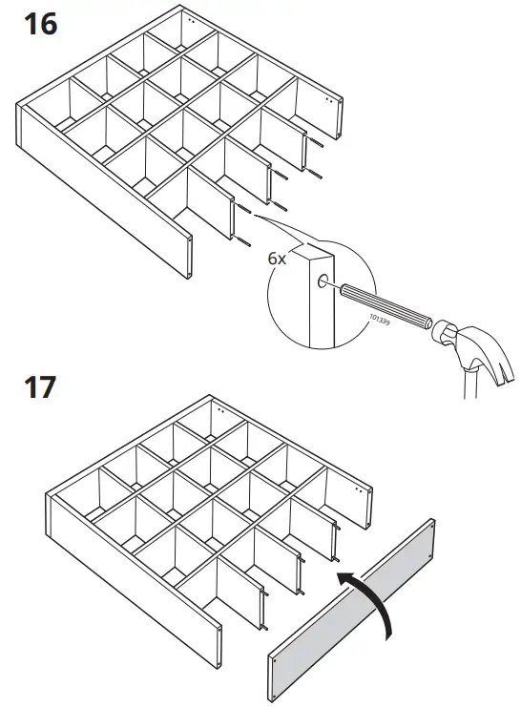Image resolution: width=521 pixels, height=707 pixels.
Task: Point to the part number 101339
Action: pos(380,322)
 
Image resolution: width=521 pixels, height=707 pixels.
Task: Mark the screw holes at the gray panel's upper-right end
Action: pos(431,526)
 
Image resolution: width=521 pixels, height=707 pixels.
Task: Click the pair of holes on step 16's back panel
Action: pos(192,18)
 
